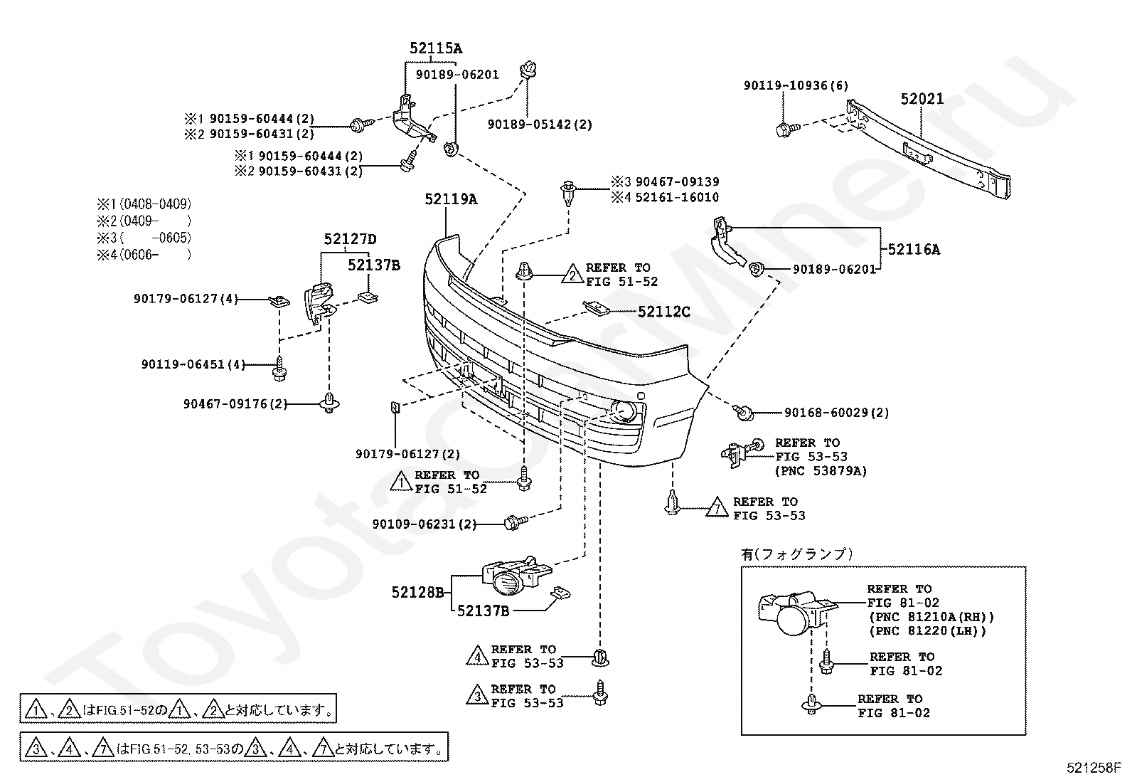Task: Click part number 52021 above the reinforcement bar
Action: coord(922,99)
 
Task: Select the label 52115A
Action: coord(436,48)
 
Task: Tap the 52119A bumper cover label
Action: coord(451,199)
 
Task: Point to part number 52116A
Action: coord(914,249)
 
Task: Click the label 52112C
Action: coord(663,312)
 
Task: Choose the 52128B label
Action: coord(417,592)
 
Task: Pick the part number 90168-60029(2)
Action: coord(836,413)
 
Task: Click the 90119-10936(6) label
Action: coord(796,85)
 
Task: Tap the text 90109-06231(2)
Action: coord(424,524)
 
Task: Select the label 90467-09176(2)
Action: coord(235,403)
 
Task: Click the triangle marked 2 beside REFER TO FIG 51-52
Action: coord(572,274)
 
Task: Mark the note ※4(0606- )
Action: coord(144,255)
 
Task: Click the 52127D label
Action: coord(351,239)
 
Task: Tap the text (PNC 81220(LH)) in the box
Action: coord(928,631)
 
